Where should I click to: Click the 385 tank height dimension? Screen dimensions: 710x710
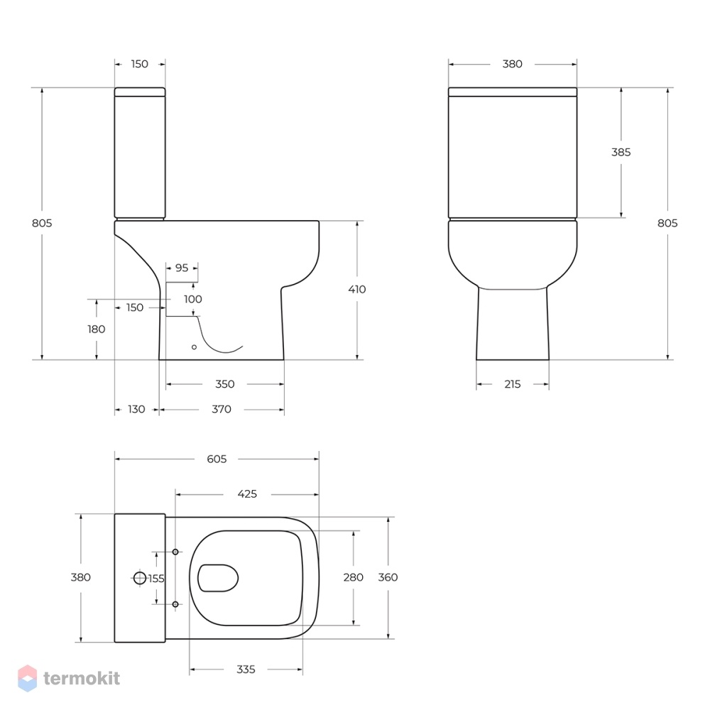(621, 152)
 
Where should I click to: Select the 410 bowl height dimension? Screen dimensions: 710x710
(357, 290)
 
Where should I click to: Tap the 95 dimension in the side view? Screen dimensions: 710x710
(182, 268)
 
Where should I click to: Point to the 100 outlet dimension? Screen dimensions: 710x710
(193, 300)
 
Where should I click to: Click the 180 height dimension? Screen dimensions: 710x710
(97, 329)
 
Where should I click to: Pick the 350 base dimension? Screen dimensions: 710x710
(225, 384)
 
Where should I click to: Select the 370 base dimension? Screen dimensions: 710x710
(222, 410)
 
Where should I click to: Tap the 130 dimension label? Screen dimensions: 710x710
(136, 410)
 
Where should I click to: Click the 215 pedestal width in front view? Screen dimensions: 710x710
(513, 384)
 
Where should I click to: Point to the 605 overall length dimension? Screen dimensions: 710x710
(217, 459)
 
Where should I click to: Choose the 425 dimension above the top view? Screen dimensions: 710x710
(247, 494)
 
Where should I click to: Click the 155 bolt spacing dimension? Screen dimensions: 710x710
(156, 579)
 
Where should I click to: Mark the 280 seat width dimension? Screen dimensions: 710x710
(353, 577)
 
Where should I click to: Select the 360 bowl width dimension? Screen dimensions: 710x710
(388, 577)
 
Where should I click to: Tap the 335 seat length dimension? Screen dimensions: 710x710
(246, 670)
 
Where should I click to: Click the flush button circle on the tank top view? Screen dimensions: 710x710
(140, 578)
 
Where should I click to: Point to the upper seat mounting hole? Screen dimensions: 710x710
(175, 552)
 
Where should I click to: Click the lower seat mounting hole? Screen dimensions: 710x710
(175, 604)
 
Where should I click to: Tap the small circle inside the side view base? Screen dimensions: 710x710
(195, 347)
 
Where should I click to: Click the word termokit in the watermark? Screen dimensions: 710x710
(82, 678)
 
